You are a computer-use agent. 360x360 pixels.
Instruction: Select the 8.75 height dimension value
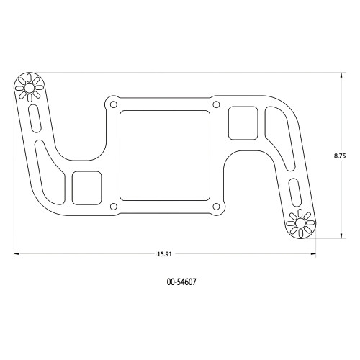[341, 155]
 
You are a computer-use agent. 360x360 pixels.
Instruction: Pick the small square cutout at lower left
[87, 186]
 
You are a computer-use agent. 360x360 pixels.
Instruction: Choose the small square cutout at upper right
[243, 122]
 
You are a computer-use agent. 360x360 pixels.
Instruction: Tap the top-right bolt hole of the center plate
[216, 104]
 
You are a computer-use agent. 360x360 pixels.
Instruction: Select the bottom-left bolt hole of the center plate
[112, 208]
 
